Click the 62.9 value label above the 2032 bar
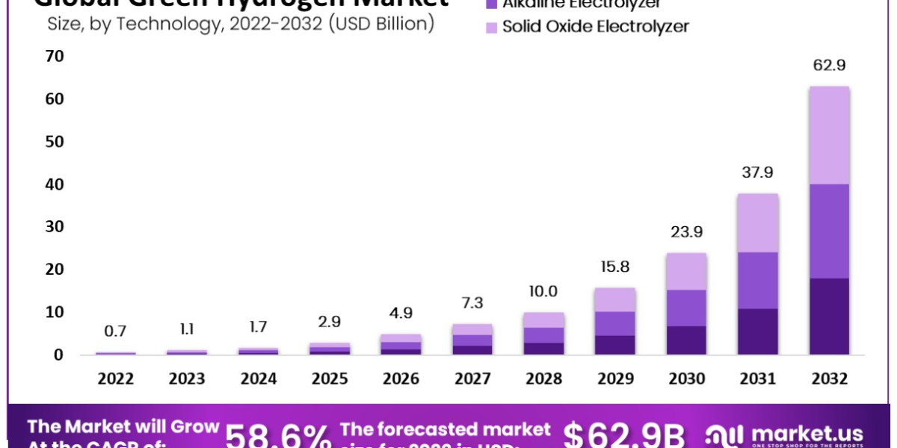point(829,66)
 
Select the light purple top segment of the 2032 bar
point(829,134)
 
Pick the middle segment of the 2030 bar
point(686,308)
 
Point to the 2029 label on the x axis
point(615,379)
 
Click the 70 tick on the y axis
point(55,56)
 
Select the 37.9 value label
point(757,172)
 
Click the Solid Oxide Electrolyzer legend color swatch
point(490,28)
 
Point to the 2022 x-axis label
point(116,379)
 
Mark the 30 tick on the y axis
point(55,226)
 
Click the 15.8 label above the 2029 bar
point(615,267)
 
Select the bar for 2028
point(543,333)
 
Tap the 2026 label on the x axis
point(401,379)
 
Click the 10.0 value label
point(543,291)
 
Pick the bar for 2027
point(472,339)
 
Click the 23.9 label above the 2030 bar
point(686,231)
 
